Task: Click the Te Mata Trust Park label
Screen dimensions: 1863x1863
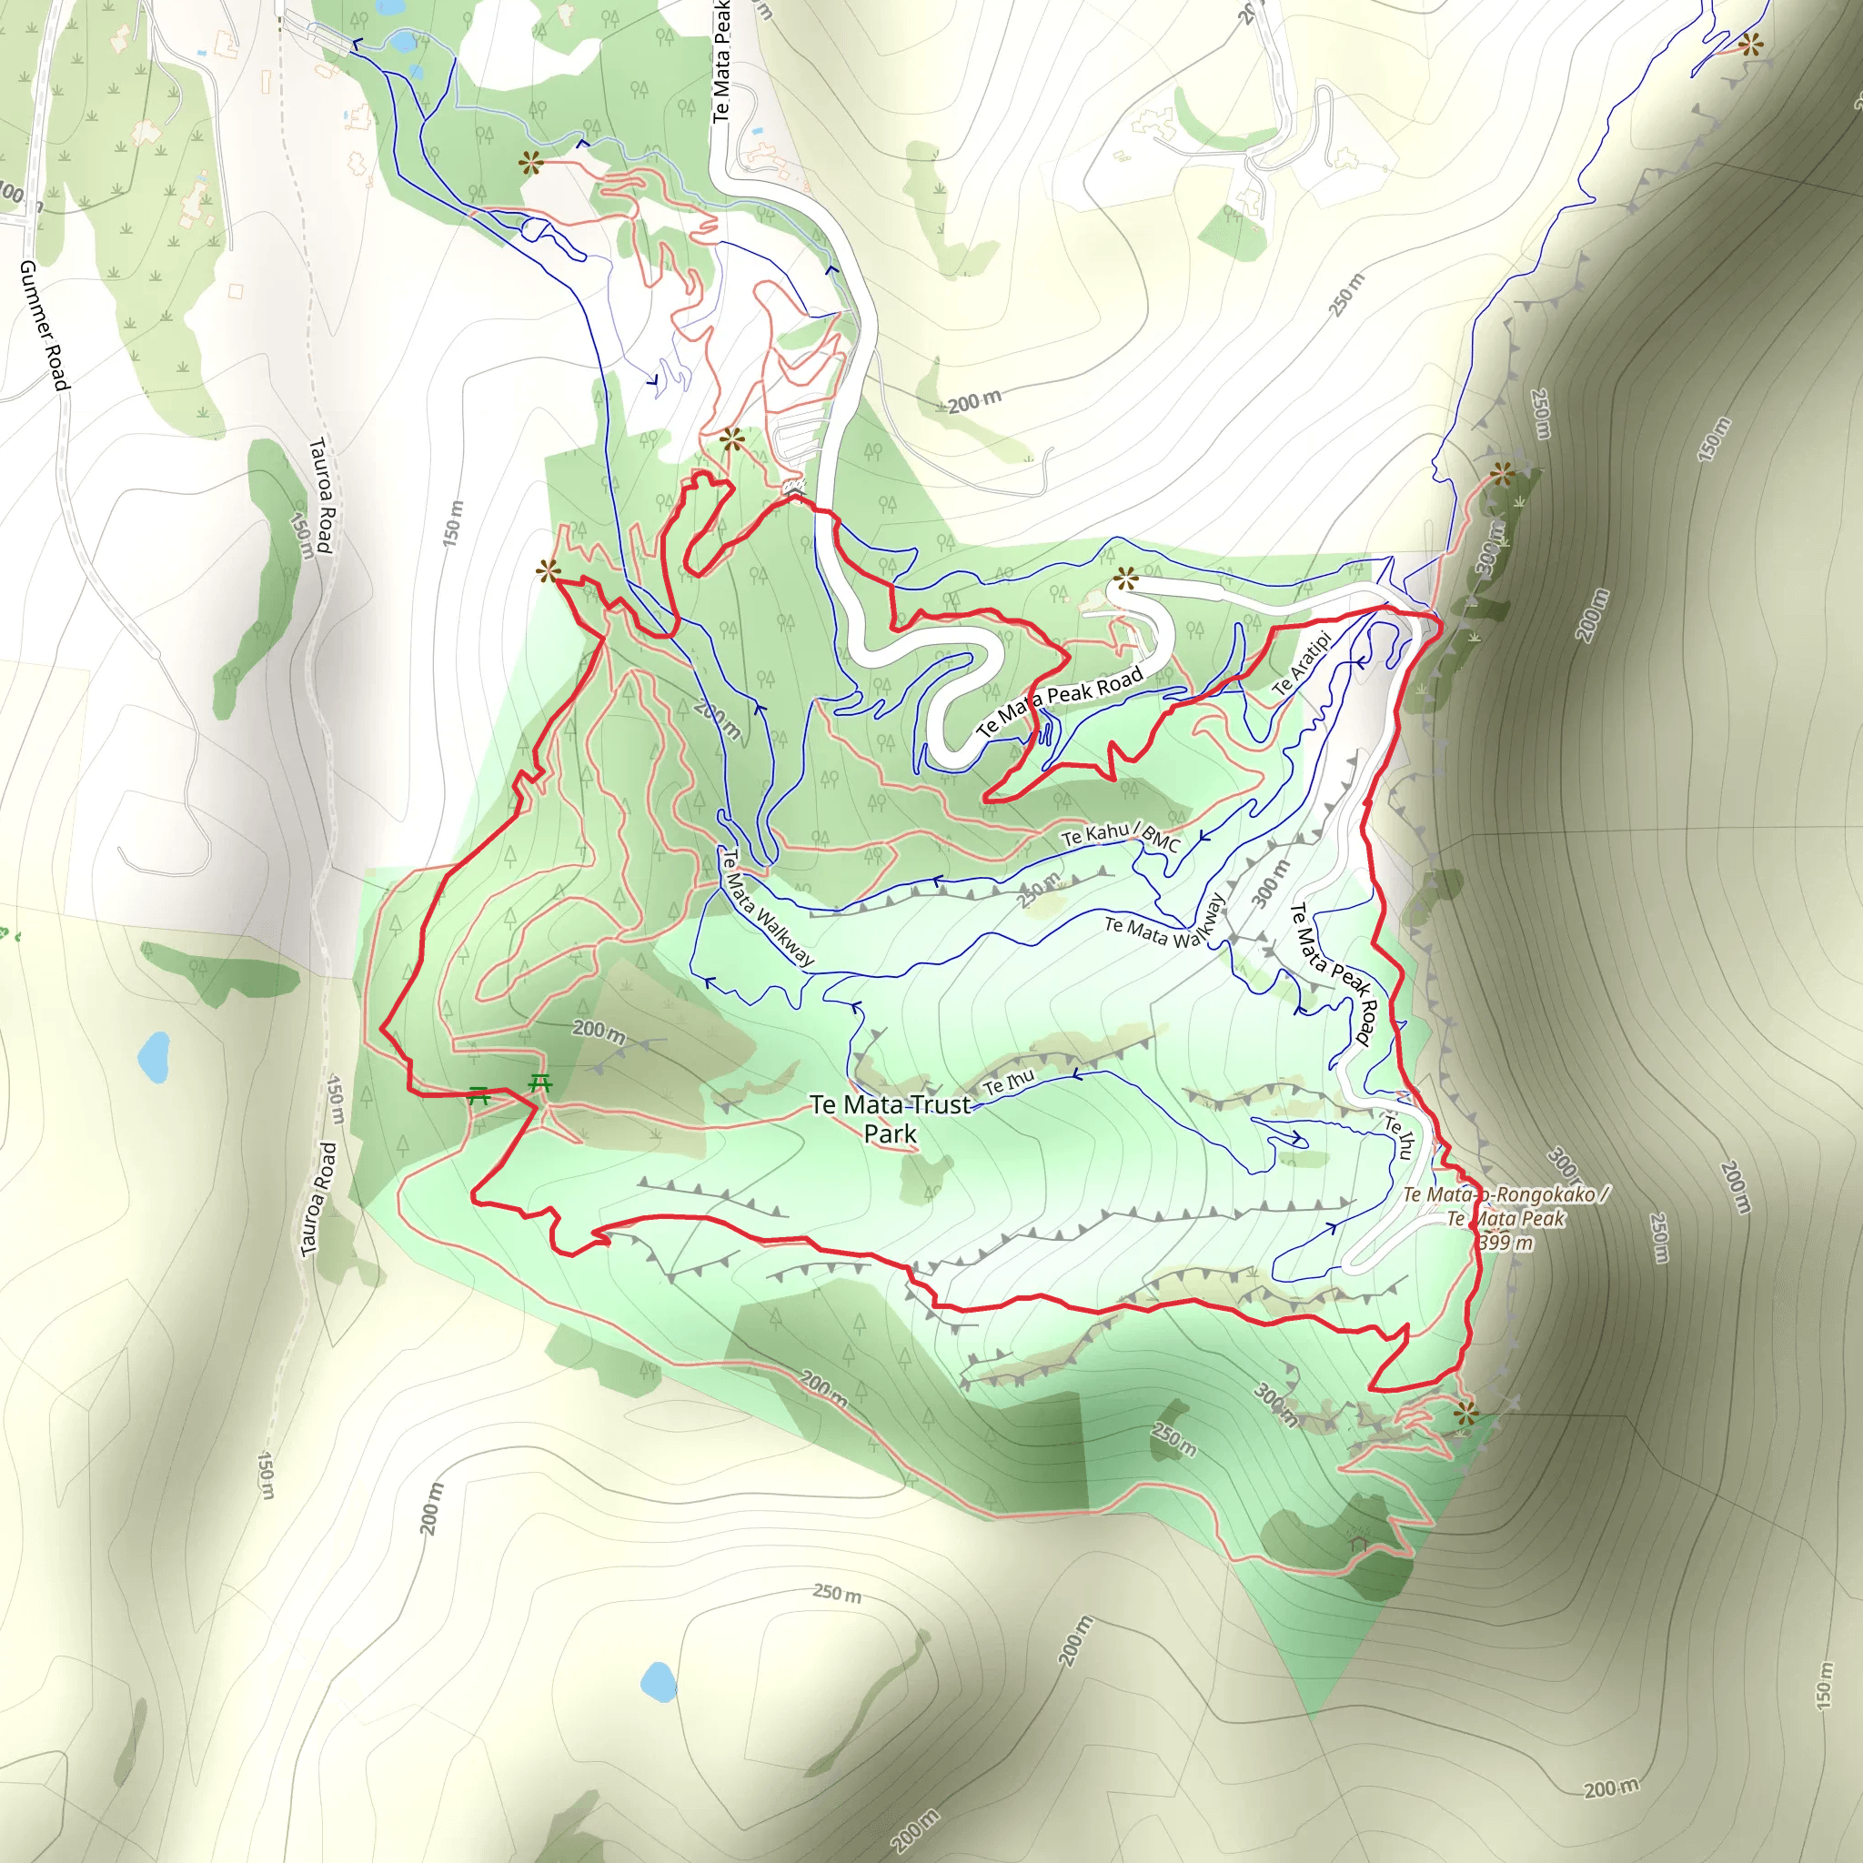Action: point(890,1119)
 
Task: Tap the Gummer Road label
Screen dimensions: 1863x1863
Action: point(45,325)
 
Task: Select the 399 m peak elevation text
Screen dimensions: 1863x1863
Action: point(1506,1242)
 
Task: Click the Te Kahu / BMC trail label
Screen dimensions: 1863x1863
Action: point(1121,835)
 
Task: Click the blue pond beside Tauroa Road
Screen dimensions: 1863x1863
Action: point(155,1057)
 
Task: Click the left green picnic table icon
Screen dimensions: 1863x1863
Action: point(479,1094)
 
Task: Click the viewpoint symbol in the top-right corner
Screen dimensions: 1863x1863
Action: point(1750,45)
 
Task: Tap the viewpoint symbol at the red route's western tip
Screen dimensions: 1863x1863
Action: point(549,572)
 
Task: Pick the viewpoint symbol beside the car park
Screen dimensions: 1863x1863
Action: point(732,439)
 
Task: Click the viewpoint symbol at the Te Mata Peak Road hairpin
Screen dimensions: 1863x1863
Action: point(1124,579)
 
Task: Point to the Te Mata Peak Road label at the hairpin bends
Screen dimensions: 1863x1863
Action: point(1060,700)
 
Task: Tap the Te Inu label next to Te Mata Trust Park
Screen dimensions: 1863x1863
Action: point(1009,1082)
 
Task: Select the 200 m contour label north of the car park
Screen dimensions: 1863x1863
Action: point(974,401)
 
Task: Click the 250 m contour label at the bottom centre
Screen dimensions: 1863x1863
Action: point(836,1592)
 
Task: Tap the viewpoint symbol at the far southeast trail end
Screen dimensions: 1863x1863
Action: point(1465,1415)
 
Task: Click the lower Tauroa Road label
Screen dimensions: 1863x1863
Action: point(319,1201)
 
